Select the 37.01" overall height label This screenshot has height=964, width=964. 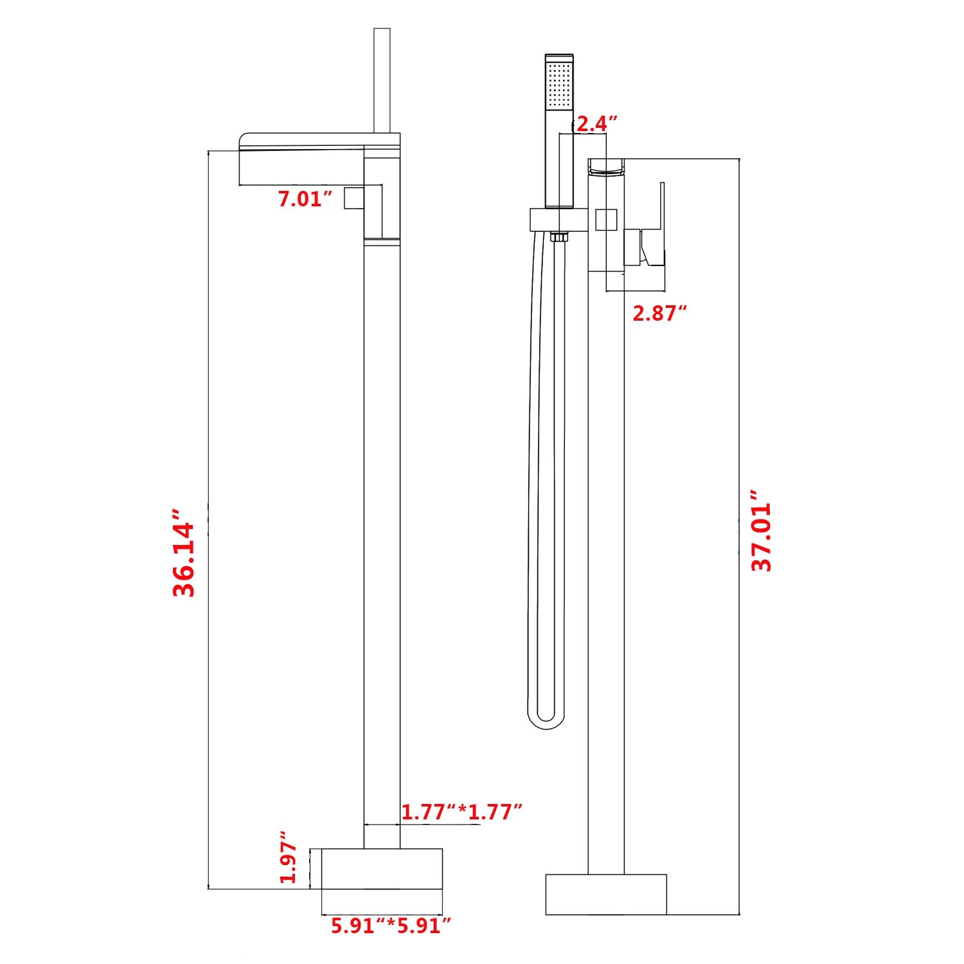[x=762, y=530]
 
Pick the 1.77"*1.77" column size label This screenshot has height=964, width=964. [x=461, y=812]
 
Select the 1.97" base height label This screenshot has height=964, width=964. [x=289, y=857]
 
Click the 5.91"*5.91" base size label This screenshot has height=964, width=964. [x=391, y=926]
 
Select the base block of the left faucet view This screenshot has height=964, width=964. [x=382, y=868]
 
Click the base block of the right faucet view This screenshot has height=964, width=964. [x=606, y=894]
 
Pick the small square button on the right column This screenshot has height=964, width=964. [x=606, y=220]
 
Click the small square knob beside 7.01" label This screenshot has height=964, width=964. [x=354, y=198]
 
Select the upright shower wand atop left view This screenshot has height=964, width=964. [x=382, y=80]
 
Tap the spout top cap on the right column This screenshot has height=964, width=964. [x=606, y=166]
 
